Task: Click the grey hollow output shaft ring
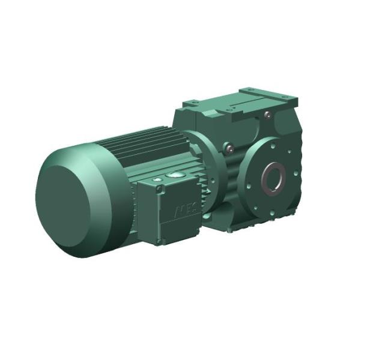[x=274, y=176]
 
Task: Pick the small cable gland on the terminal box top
[x=157, y=178]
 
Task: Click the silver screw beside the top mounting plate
[x=268, y=115]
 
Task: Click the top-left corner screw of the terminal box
[x=160, y=188]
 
